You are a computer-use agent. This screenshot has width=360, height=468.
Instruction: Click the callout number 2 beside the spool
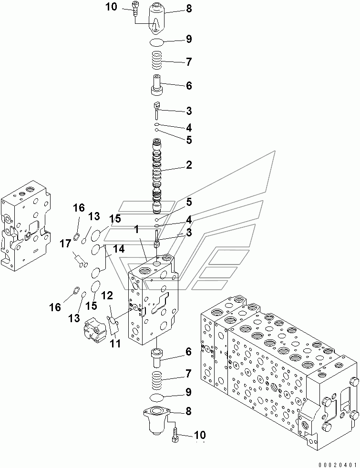(189, 165)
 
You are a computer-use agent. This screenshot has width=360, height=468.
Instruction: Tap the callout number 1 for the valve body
(136, 230)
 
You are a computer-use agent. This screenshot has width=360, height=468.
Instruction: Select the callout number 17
(65, 244)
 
